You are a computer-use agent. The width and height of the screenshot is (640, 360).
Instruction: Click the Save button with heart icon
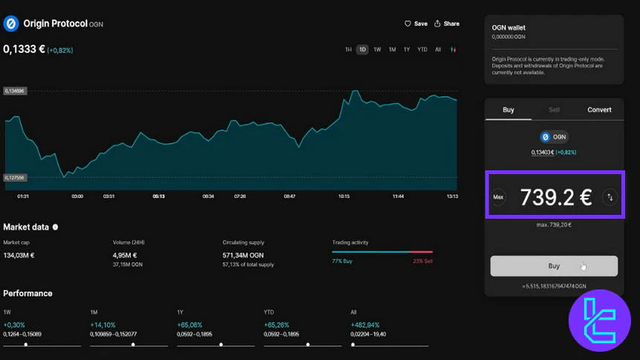[x=416, y=24]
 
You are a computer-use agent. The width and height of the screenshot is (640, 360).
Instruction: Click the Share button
[x=447, y=24]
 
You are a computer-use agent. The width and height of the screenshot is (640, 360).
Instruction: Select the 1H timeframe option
[x=348, y=50]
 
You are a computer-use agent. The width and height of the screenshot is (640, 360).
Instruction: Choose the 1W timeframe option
[x=377, y=50]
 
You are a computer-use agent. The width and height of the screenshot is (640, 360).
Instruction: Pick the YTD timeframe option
[x=422, y=50]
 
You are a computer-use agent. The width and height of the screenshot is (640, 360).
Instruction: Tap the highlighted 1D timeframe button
[x=362, y=50]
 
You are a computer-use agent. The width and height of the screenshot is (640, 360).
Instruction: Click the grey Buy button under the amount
[x=554, y=266]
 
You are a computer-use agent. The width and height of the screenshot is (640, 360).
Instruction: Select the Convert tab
[x=599, y=109]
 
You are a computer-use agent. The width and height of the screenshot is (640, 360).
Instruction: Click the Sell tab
[x=554, y=109]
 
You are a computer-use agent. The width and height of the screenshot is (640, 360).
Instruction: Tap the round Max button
[x=499, y=197]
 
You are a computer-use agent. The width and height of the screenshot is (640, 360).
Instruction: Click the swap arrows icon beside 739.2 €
[x=610, y=197]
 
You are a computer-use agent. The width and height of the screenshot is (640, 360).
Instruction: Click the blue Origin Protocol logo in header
[x=11, y=24]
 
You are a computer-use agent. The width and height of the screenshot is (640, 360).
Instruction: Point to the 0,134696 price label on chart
[x=15, y=91]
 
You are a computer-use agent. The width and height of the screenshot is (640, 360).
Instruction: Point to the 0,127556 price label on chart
[x=15, y=178]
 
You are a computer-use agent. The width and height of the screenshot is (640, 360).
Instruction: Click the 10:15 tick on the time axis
[x=344, y=196]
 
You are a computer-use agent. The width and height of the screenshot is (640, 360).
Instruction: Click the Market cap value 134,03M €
[x=19, y=255]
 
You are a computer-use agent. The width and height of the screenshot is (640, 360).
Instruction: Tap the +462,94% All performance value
[x=365, y=325]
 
